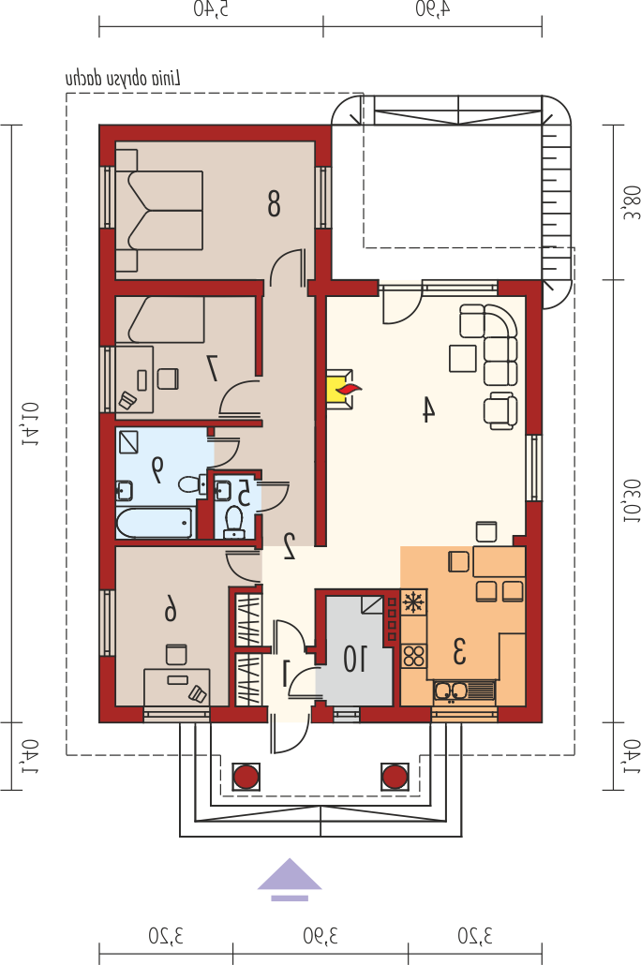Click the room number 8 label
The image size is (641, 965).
[274, 203]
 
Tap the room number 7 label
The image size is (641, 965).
[213, 367]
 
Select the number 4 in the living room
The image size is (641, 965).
[428, 409]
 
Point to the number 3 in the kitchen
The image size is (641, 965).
[459, 652]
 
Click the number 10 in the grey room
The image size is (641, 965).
[355, 660]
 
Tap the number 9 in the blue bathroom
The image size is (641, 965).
[157, 469]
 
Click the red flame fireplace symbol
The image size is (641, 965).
[349, 388]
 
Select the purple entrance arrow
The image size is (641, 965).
[290, 880]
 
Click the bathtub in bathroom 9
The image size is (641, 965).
[155, 523]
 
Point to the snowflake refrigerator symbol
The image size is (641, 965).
[414, 601]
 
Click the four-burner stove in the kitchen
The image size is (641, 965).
[414, 656]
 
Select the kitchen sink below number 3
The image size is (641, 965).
[464, 690]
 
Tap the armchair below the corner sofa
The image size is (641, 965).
[500, 410]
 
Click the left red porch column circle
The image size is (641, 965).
[246, 777]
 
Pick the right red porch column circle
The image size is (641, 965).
[395, 777]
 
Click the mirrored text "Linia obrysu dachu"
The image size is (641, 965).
[123, 79]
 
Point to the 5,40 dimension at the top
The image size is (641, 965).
[211, 9]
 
